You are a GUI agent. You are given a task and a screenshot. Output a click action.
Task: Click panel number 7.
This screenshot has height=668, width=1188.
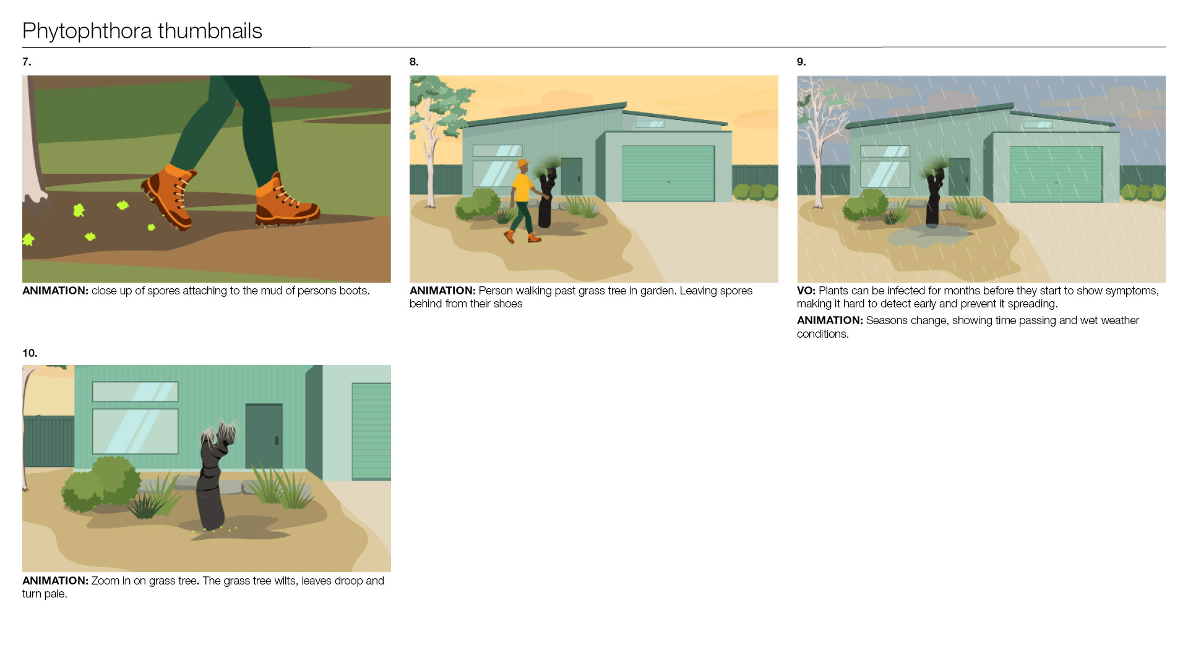pos(27,62)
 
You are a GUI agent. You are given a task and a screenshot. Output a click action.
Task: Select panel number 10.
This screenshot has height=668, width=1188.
pos(30,353)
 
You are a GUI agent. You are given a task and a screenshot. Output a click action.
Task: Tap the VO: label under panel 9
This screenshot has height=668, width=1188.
pos(806,291)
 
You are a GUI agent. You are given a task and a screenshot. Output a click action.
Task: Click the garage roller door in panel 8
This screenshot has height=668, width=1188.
pos(668,173)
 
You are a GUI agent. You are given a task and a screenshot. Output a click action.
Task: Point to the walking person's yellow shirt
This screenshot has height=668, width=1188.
pos(523,187)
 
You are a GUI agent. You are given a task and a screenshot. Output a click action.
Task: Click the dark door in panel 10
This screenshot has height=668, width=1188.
pos(264,436)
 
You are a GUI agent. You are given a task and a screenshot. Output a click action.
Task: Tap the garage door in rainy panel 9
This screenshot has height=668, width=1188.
pos(1056,174)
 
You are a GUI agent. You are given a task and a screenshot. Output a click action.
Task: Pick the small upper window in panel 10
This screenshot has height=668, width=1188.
pos(136,392)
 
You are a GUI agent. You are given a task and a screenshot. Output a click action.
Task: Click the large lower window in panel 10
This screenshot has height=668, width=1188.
pos(136,431)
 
